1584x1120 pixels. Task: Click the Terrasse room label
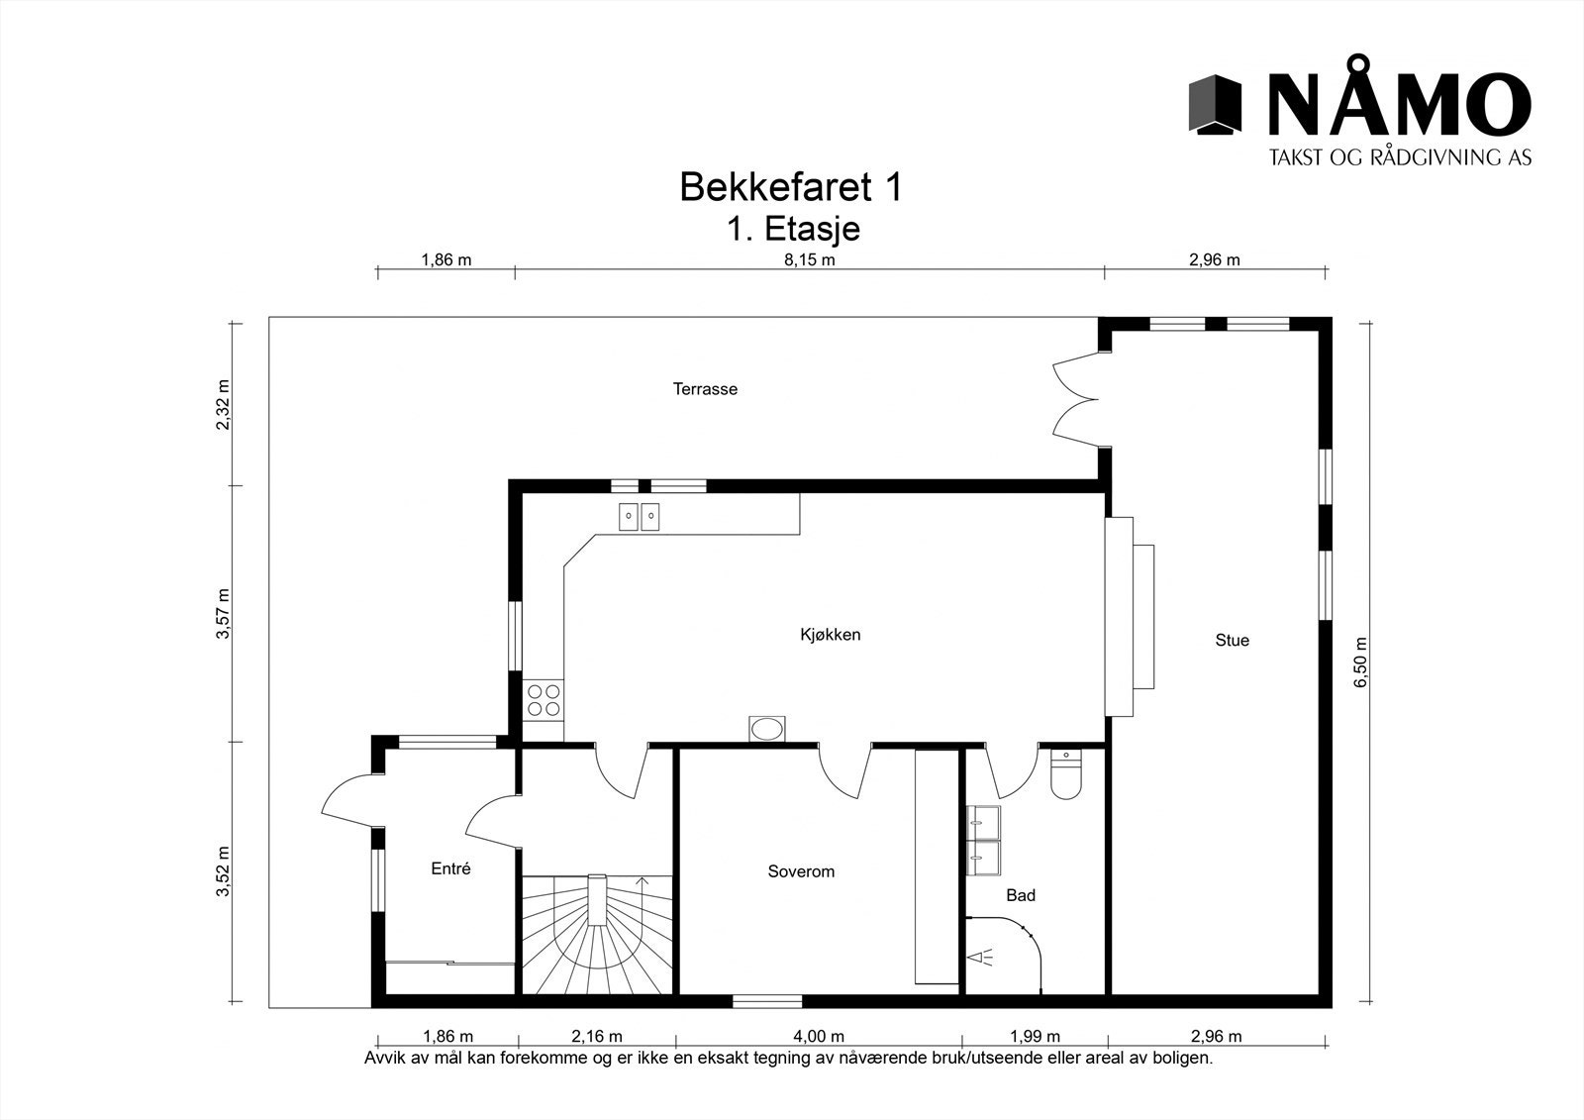coord(705,389)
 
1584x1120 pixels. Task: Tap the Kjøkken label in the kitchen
coord(830,635)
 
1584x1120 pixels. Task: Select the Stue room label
coord(1232,641)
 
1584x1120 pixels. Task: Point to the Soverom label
coord(801,871)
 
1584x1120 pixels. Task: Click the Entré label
coord(450,869)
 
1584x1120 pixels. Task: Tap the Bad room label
coord(1020,895)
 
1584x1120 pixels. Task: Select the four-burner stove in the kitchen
coord(543,699)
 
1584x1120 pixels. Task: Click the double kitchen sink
coord(639,516)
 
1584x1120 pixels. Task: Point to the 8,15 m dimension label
coord(810,260)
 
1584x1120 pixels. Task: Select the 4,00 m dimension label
coord(819,1037)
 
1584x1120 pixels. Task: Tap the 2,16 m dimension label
coord(597,1037)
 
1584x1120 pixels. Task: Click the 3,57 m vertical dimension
coord(223,614)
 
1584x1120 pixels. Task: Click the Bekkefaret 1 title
coord(790,187)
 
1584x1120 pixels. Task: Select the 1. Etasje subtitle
coord(793,229)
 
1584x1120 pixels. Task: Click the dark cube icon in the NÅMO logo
coord(1215,104)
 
